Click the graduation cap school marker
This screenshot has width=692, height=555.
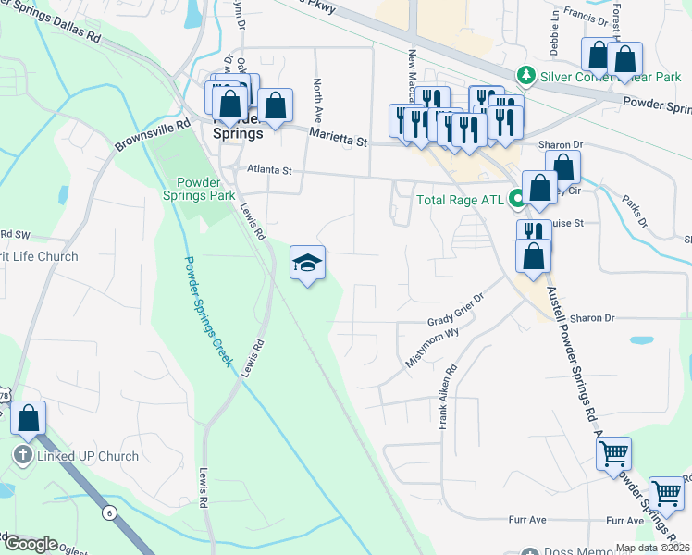(308, 264)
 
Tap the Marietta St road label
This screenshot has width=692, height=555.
(339, 138)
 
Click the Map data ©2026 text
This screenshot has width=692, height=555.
(652, 548)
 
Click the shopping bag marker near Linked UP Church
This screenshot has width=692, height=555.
(29, 418)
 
